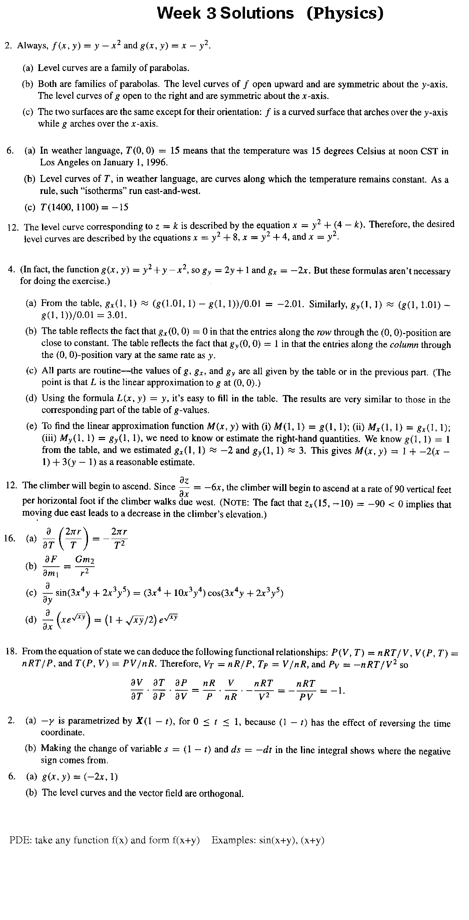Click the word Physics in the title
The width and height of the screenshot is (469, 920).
click(x=345, y=14)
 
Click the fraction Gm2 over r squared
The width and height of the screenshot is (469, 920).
click(x=85, y=566)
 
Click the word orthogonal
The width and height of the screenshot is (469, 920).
click(x=221, y=794)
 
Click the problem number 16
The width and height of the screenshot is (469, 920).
click(x=10, y=538)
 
